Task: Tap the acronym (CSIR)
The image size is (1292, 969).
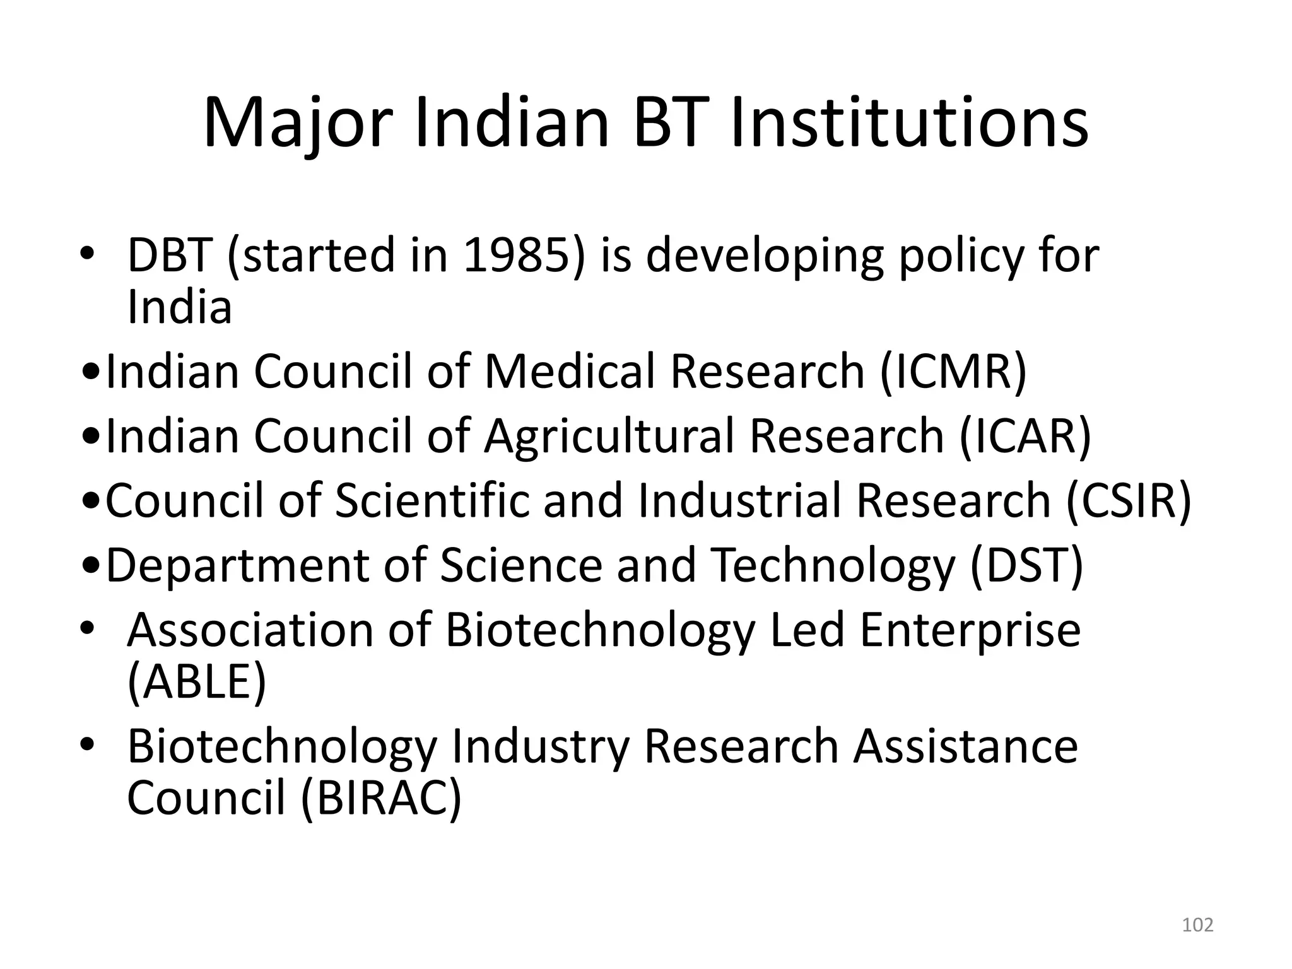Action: [1129, 500]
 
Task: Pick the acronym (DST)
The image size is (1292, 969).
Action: [1026, 565]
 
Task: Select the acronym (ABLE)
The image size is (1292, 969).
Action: [197, 682]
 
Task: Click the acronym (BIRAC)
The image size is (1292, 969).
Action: [381, 799]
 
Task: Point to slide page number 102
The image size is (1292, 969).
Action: [1197, 925]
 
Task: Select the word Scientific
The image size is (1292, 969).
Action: [432, 500]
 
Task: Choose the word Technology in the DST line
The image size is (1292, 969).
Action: [833, 567]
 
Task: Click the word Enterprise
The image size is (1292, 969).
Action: [970, 631]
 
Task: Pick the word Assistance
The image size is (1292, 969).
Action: [965, 746]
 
